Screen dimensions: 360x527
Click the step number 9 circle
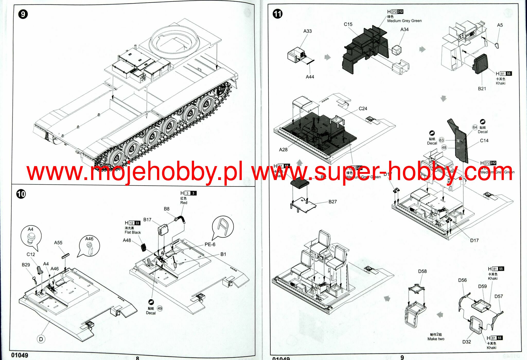(23, 14)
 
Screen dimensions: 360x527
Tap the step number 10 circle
(21, 194)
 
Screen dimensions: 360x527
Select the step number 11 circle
(277, 14)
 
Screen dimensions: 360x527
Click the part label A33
(307, 31)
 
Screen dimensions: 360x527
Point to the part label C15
(348, 24)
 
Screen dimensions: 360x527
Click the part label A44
(310, 77)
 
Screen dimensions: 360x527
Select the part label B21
(482, 89)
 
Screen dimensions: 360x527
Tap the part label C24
(363, 109)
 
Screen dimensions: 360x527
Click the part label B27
(332, 202)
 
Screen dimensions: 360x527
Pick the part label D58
(422, 271)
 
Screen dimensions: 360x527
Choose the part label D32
(467, 342)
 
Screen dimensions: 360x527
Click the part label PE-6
(210, 245)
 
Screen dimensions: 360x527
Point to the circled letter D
(41, 339)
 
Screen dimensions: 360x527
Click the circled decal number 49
(160, 309)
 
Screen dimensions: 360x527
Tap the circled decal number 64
(475, 127)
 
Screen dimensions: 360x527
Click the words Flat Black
(133, 232)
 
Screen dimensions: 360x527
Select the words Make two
(436, 339)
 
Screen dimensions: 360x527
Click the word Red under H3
(184, 203)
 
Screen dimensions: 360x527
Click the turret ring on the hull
(174, 41)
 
